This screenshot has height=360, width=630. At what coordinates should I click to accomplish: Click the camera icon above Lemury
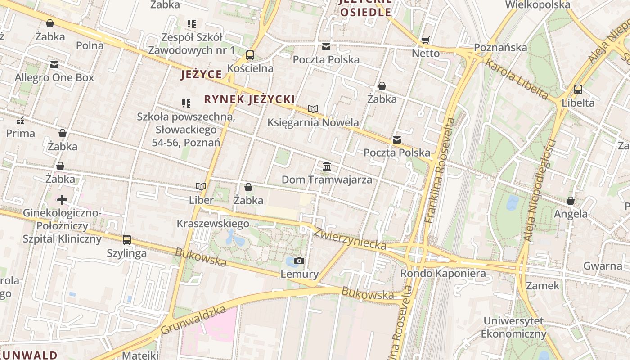pyautogui.click(x=299, y=261)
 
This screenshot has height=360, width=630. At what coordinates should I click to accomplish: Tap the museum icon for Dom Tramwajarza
pyautogui.click(x=327, y=166)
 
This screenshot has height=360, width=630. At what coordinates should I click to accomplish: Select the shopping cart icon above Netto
pyautogui.click(x=425, y=40)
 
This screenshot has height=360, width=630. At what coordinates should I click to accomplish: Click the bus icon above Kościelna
pyautogui.click(x=250, y=55)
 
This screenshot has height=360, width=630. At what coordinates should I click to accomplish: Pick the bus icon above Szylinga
pyautogui.click(x=127, y=240)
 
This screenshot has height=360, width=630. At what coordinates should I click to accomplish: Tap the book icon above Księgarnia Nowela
pyautogui.click(x=313, y=109)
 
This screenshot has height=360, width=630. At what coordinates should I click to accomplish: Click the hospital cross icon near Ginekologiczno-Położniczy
pyautogui.click(x=62, y=199)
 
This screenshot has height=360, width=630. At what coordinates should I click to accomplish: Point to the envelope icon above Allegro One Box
pyautogui.click(x=54, y=65)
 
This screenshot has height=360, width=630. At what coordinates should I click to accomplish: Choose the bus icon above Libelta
pyautogui.click(x=578, y=90)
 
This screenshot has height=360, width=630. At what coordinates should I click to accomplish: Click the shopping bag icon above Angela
pyautogui.click(x=571, y=201)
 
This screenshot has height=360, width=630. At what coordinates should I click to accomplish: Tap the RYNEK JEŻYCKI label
pyautogui.click(x=249, y=99)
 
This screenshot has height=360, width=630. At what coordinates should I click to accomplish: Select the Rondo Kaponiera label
pyautogui.click(x=443, y=273)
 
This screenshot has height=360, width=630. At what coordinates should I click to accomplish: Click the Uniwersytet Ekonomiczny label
pyautogui.click(x=513, y=327)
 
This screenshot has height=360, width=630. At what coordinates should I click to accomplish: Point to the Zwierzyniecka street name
pyautogui.click(x=350, y=238)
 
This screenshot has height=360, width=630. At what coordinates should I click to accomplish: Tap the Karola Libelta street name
pyautogui.click(x=516, y=80)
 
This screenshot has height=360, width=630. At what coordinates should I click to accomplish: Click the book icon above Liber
pyautogui.click(x=201, y=187)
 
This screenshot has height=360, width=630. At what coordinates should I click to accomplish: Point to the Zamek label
pyautogui.click(x=543, y=285)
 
